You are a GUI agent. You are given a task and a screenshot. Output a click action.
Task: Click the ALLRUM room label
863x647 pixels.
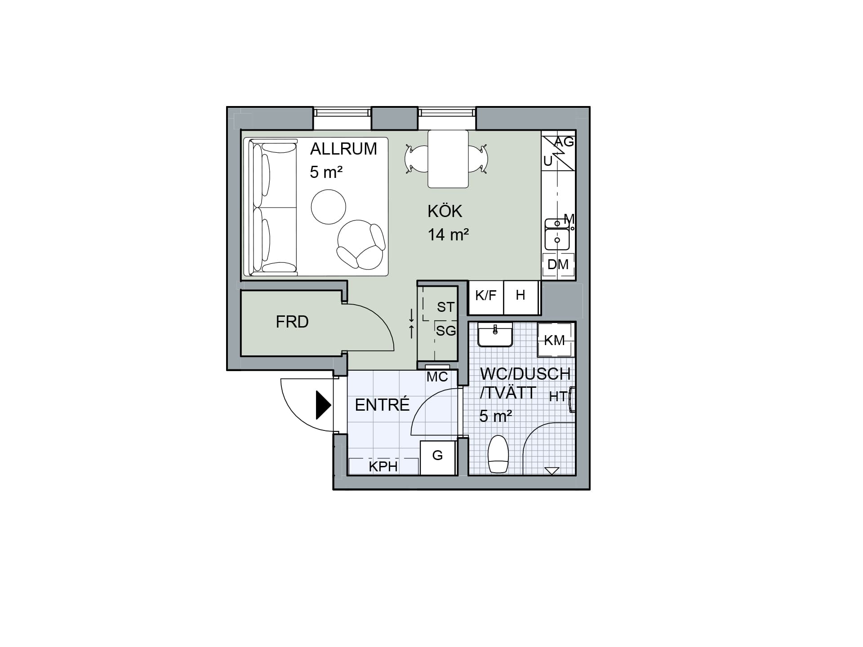pos(343,149)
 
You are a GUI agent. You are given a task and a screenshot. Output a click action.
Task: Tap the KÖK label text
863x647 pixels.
pos(445,211)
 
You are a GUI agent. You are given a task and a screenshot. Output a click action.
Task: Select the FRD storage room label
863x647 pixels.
pos(292,322)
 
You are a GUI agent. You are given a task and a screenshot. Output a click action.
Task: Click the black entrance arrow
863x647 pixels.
pos(324,405)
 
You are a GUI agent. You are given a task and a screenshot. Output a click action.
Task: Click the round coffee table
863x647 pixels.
pos(329,207)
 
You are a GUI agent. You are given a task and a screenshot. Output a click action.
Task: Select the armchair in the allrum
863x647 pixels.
pos(361,245)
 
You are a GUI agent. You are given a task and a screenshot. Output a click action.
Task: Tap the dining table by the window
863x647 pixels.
pos(448,159)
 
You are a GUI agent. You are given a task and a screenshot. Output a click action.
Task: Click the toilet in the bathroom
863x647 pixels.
pos(498,454)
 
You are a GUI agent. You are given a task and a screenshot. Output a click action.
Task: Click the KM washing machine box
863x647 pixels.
pos(556,340)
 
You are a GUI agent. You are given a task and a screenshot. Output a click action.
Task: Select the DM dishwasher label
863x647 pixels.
pos(558,265)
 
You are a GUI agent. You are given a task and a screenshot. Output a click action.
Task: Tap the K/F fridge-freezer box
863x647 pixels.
pos(486,297)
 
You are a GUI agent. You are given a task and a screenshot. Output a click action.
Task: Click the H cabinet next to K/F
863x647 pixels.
pos(521,297)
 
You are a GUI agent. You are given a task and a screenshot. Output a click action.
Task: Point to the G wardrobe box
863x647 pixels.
pos(438,457)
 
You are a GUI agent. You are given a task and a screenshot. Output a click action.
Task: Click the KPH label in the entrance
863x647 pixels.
pos(383,467)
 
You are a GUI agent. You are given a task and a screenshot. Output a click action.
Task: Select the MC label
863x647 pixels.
pos(437,377)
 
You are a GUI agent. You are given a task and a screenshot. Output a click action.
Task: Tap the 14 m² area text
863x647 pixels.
pos(448,234)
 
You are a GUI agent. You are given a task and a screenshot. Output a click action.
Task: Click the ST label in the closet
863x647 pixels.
pos(445,307)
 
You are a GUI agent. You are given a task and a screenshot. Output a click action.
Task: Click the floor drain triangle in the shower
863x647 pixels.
pos(552,470)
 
